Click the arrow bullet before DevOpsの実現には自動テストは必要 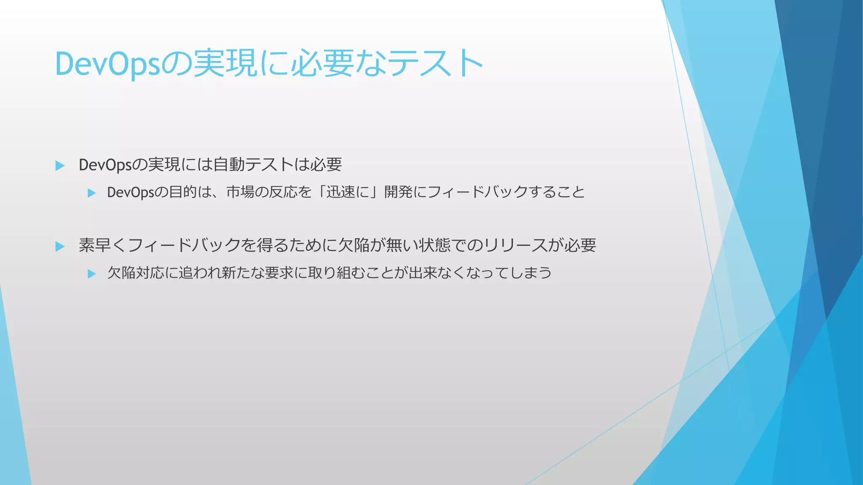pos(60,165)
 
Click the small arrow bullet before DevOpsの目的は pos(91,193)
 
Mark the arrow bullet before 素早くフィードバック pos(60,246)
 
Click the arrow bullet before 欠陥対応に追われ pos(91,274)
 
